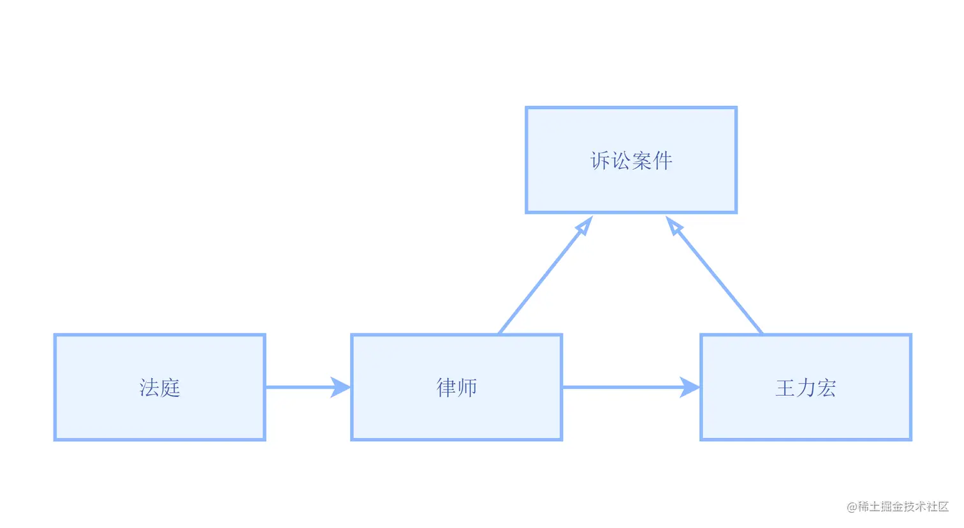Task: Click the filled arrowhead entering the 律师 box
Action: (341, 387)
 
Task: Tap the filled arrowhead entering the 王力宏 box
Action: (690, 387)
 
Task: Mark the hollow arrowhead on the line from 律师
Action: (584, 227)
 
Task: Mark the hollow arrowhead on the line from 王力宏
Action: (675, 227)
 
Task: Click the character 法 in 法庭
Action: (149, 388)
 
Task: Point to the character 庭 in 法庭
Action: (170, 388)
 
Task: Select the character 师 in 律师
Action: (467, 388)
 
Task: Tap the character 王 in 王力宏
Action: (785, 388)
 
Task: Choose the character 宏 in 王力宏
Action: (827, 388)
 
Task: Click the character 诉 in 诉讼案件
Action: (600, 160)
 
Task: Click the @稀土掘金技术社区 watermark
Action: (898, 507)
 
